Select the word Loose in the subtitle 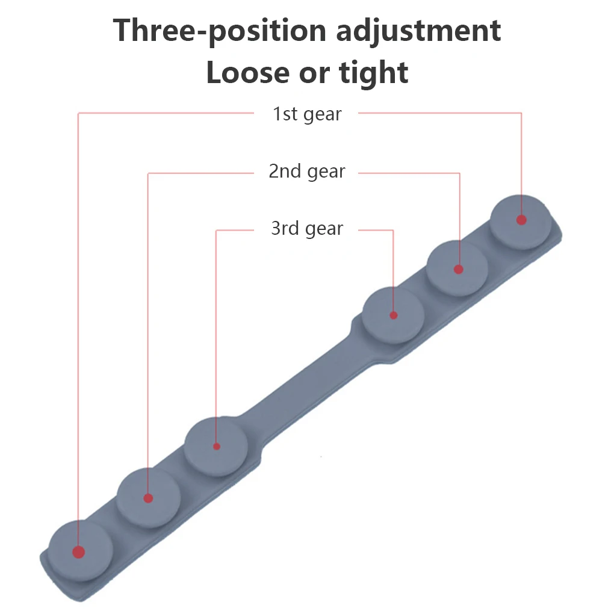coord(247,73)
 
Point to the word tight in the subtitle coord(374,73)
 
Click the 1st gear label coord(307,114)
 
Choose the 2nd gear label coord(307,172)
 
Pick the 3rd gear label coord(307,229)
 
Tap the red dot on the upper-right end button coord(521,220)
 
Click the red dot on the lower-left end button coord(78,551)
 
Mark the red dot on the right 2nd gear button coord(459,269)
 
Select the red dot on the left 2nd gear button coord(149,498)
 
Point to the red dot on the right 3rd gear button coord(394,315)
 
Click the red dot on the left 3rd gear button coord(217,447)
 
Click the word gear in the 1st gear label coord(324,114)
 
